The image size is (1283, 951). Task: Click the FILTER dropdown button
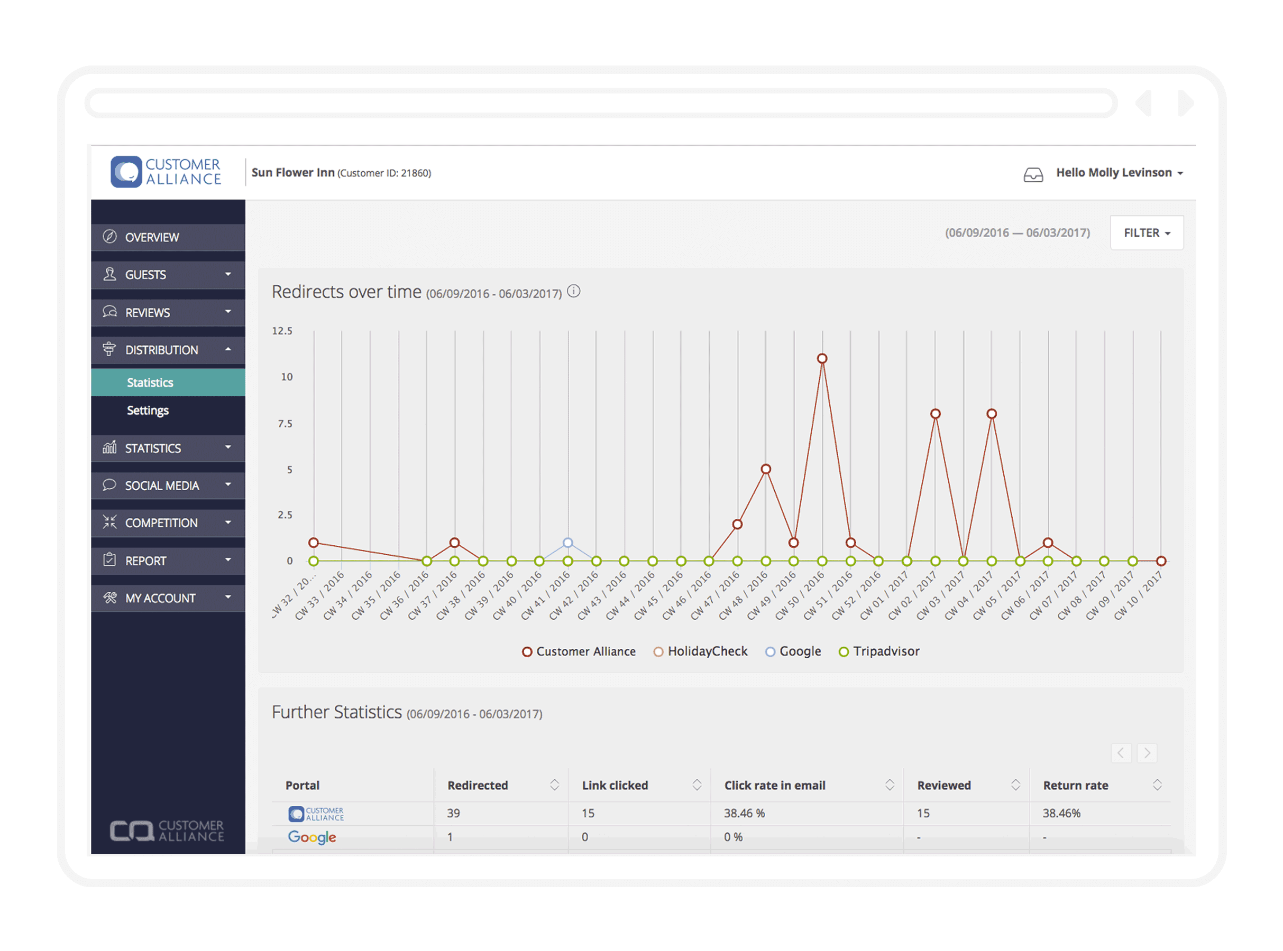(x=1146, y=233)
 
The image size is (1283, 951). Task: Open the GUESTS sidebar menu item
(x=168, y=275)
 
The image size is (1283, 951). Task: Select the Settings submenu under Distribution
(x=148, y=411)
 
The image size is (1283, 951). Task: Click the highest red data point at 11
(x=822, y=359)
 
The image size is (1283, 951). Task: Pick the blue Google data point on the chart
(x=567, y=543)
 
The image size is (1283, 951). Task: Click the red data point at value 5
(x=766, y=469)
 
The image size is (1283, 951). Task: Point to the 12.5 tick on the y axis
(x=282, y=331)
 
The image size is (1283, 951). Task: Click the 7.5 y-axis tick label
(x=285, y=424)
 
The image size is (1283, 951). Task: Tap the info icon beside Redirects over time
(x=573, y=291)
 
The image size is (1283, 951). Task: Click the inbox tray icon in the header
(x=1033, y=174)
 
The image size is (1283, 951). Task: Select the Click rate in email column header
(x=774, y=785)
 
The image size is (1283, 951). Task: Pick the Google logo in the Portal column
(x=311, y=837)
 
